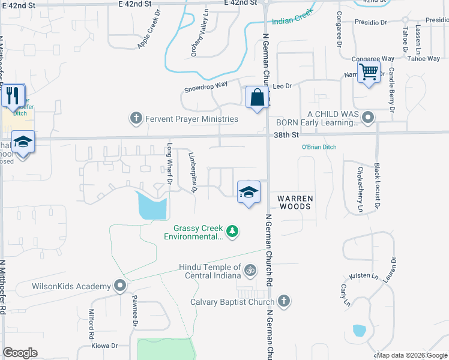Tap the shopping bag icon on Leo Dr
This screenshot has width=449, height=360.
pos(257,97)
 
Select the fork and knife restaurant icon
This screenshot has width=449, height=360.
pos(12,95)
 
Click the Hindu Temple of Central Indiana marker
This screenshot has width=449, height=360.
pos(250,271)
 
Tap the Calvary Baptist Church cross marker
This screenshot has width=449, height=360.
pos(283,302)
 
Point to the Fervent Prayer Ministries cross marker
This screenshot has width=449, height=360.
pos(136,119)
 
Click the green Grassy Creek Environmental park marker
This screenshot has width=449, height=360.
pos(232,230)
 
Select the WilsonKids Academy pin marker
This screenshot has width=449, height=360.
pos(121,286)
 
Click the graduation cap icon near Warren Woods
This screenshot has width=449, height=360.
pos(249,193)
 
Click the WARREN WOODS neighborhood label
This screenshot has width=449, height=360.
pos(294,202)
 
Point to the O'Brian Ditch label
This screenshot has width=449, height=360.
pos(319,147)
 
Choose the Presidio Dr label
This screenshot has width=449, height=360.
pos(370,22)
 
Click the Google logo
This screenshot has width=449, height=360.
pos(20,353)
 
